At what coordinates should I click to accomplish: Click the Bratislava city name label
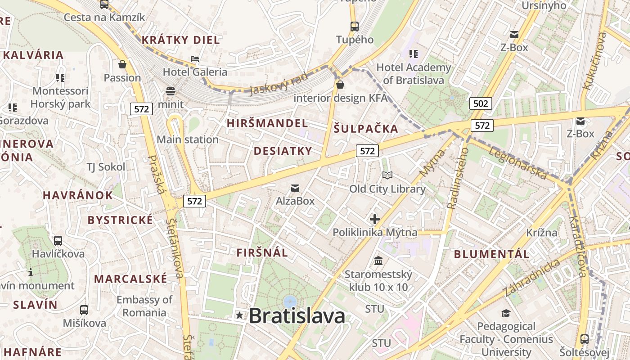coord(297,315)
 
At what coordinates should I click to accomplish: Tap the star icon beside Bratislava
coord(240,315)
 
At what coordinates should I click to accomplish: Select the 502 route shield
coord(481,103)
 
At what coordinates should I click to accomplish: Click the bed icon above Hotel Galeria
coord(195,59)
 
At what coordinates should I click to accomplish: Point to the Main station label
coord(188,139)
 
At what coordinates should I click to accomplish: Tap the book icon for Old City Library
coord(387,175)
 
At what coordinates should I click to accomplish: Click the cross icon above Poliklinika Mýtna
coord(374,219)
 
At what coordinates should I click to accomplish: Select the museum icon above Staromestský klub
coord(378,261)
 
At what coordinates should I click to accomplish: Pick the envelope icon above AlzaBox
coord(295,188)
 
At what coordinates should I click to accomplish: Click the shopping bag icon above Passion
coord(122,64)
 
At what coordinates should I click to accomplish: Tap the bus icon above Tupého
coord(355,26)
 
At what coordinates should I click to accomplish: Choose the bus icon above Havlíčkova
coord(58,240)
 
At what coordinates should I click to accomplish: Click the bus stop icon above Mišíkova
coord(84,310)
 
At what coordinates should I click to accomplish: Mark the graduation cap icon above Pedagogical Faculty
coord(506,313)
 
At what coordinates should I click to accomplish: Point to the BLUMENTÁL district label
coord(491,254)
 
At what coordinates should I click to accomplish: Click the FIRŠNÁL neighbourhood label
coord(262,252)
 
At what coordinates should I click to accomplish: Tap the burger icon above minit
coord(171,91)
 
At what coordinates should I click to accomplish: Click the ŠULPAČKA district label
coord(366,129)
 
